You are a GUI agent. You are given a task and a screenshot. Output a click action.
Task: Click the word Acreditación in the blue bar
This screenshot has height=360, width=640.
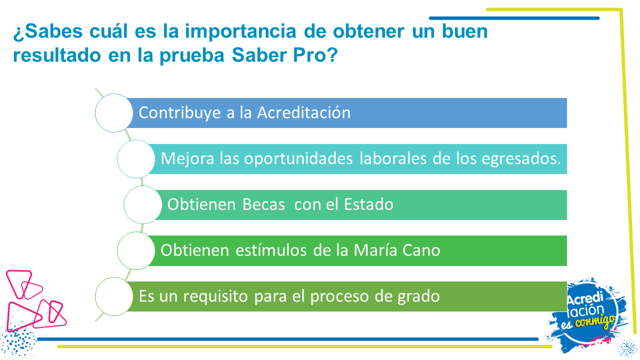pos(303,112)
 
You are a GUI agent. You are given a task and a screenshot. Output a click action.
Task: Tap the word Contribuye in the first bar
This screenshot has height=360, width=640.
pos(179,113)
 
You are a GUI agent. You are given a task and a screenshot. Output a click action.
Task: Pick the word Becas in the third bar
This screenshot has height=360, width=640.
pos(263,204)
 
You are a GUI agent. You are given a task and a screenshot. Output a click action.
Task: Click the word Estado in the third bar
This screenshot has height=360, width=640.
pos(368,204)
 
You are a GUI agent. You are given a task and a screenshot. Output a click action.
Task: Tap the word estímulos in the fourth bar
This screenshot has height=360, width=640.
pos(271,250)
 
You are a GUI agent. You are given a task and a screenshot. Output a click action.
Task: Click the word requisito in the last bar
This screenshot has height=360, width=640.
pos(215,297)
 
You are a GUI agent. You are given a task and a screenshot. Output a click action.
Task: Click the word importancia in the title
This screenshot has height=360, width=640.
pos(240,31)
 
